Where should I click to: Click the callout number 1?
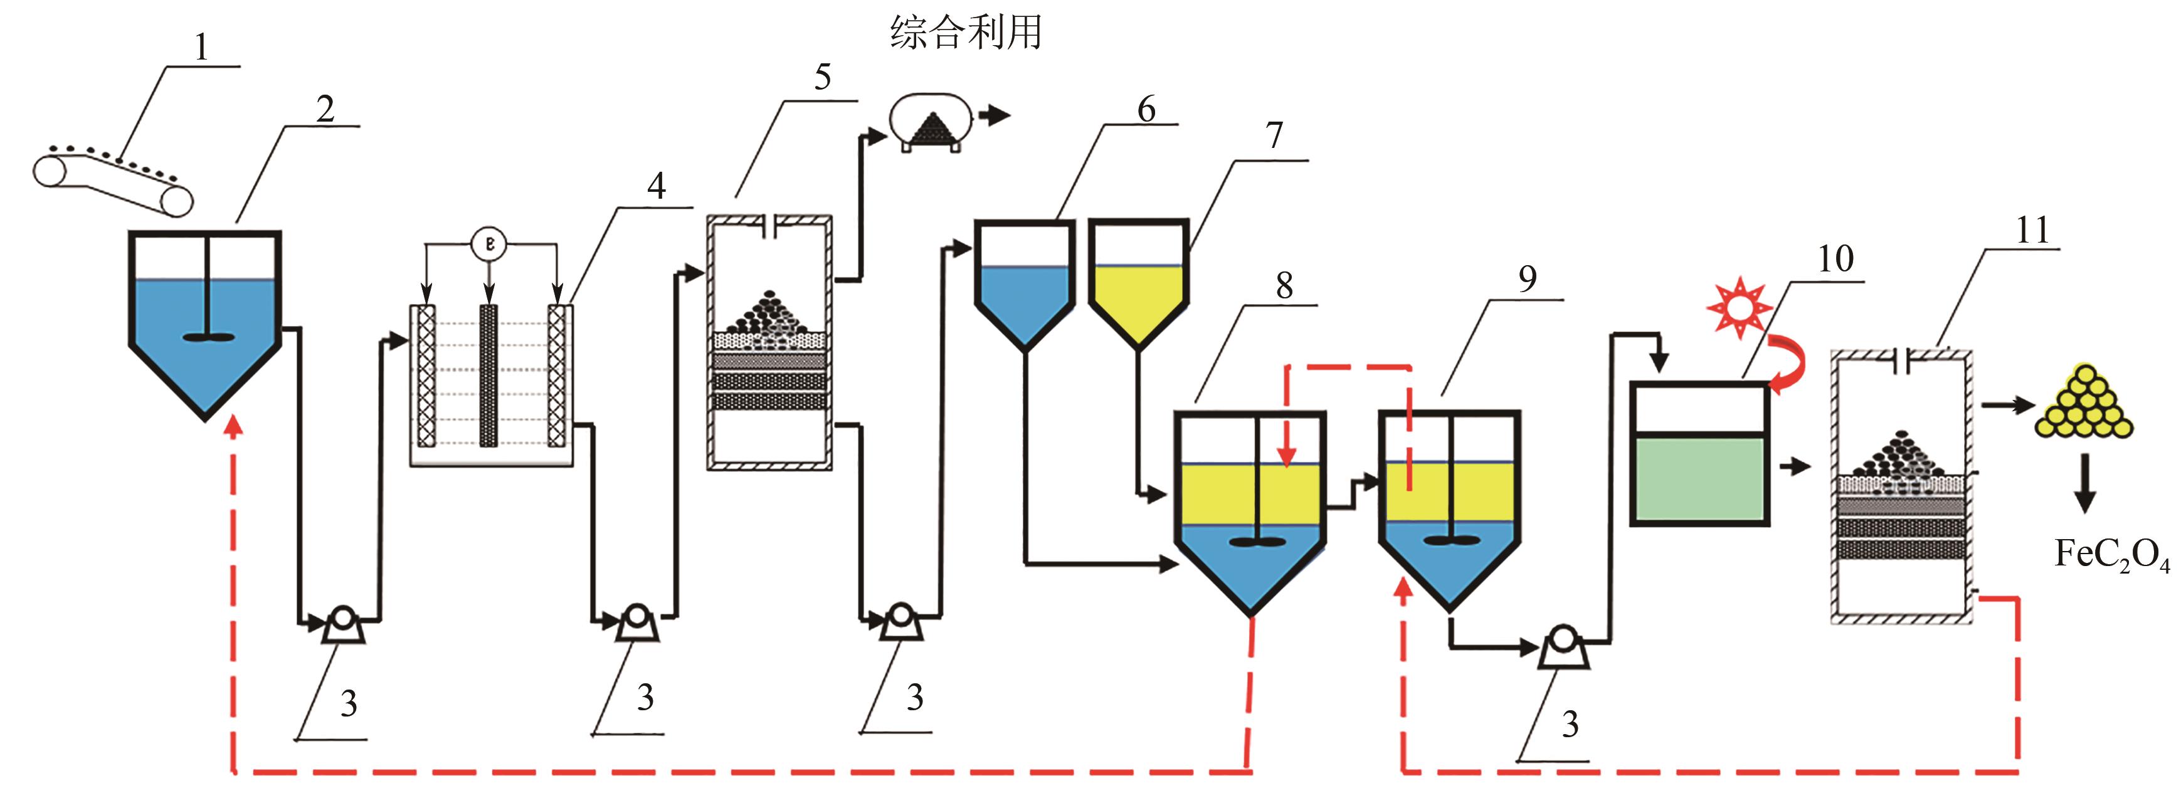(201, 48)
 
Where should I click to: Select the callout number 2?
(325, 109)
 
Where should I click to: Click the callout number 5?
(822, 78)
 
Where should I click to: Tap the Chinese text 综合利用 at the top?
(965, 33)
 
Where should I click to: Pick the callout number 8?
(1284, 286)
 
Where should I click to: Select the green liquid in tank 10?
(1699, 479)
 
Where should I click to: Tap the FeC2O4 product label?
(2111, 556)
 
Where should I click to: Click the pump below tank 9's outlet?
(1562, 648)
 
